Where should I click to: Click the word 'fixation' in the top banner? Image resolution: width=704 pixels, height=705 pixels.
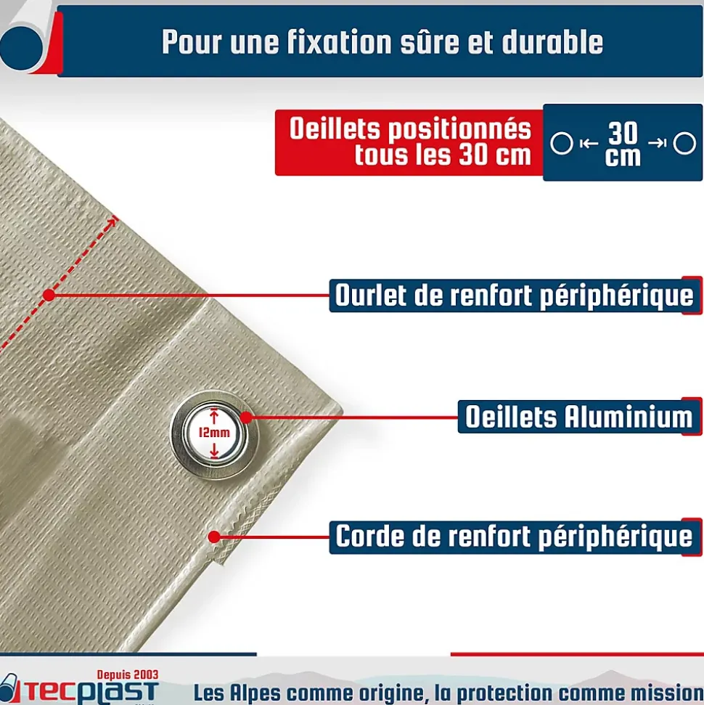coord(340,42)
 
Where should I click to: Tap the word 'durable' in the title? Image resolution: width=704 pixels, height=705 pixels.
coord(552,42)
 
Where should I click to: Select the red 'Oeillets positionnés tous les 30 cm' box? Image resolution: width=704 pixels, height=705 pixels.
coord(409,142)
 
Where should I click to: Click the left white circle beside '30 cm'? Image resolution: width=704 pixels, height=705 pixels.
coord(562,144)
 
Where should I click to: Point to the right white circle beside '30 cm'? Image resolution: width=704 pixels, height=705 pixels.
coord(684,144)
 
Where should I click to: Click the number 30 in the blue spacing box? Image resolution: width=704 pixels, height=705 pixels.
coord(623,133)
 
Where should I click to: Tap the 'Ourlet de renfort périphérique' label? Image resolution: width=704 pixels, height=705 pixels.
coord(515,296)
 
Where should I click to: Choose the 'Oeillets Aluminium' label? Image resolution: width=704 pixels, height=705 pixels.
coord(579,416)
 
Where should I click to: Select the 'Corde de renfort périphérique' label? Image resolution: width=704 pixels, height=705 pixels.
coord(515,537)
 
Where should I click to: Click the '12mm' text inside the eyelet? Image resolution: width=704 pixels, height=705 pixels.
coord(214,433)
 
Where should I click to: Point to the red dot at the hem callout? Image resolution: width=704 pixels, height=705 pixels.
coord(49,296)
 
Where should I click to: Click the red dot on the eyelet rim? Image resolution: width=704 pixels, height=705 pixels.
coord(246,417)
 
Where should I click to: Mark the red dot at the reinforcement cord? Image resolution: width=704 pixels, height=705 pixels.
coord(214,537)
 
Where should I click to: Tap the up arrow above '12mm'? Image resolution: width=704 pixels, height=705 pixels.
coord(214,416)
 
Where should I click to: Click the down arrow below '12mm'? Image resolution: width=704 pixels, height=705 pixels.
coord(214,450)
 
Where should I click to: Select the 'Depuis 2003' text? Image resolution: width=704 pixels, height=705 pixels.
coord(128,675)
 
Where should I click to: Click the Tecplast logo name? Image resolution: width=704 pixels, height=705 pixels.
coord(90,692)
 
